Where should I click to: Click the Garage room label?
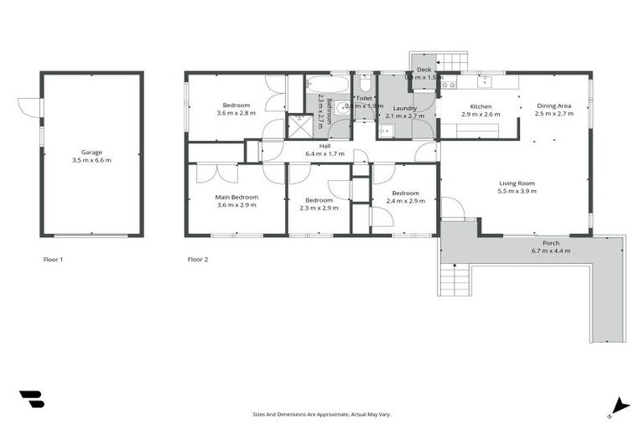[x=91, y=152]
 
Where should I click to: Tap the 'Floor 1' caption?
[x=53, y=260]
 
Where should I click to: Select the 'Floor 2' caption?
[x=198, y=260]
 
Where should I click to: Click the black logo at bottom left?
[x=31, y=399]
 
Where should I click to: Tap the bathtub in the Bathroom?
[x=328, y=85]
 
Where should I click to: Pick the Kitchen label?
[x=480, y=106]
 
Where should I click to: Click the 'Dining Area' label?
[x=554, y=106]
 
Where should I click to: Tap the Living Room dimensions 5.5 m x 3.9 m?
[x=517, y=191]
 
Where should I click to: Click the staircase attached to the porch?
[x=454, y=278]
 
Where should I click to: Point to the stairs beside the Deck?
[x=454, y=62]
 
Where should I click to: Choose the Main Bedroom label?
[x=236, y=197]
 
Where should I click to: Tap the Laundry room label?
[x=404, y=108]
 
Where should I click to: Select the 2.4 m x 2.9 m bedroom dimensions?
[x=404, y=201]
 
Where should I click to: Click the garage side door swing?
[x=29, y=108]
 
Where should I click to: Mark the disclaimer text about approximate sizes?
[x=322, y=414]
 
